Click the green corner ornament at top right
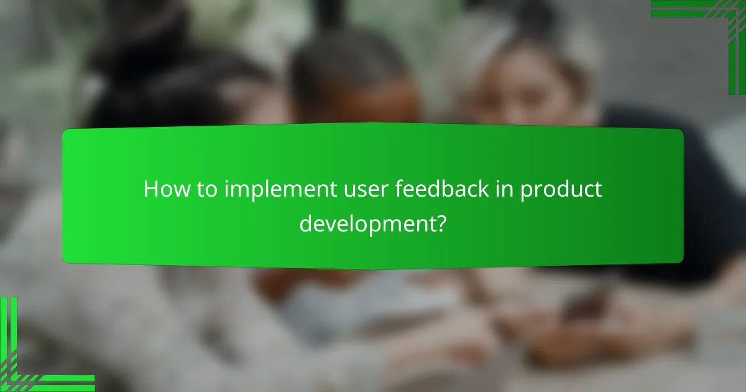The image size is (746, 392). (x=709, y=19)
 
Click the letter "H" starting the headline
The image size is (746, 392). (x=150, y=189)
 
